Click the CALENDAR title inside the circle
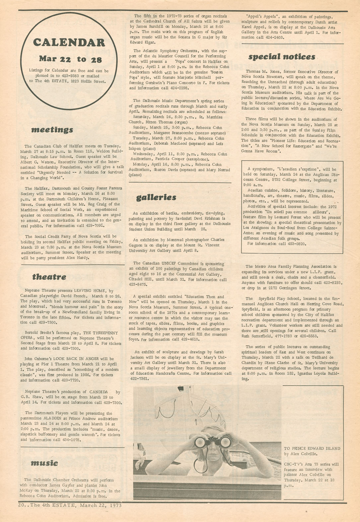coord(69,43)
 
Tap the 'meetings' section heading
coord(52,130)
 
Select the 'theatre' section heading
coord(49,277)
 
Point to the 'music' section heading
coord(44,463)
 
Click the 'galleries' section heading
coord(156,198)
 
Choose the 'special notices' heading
coord(282,57)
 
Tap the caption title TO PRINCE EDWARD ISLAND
coord(312,448)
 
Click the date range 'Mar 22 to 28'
coord(70,59)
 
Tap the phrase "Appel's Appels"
coord(263,17)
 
